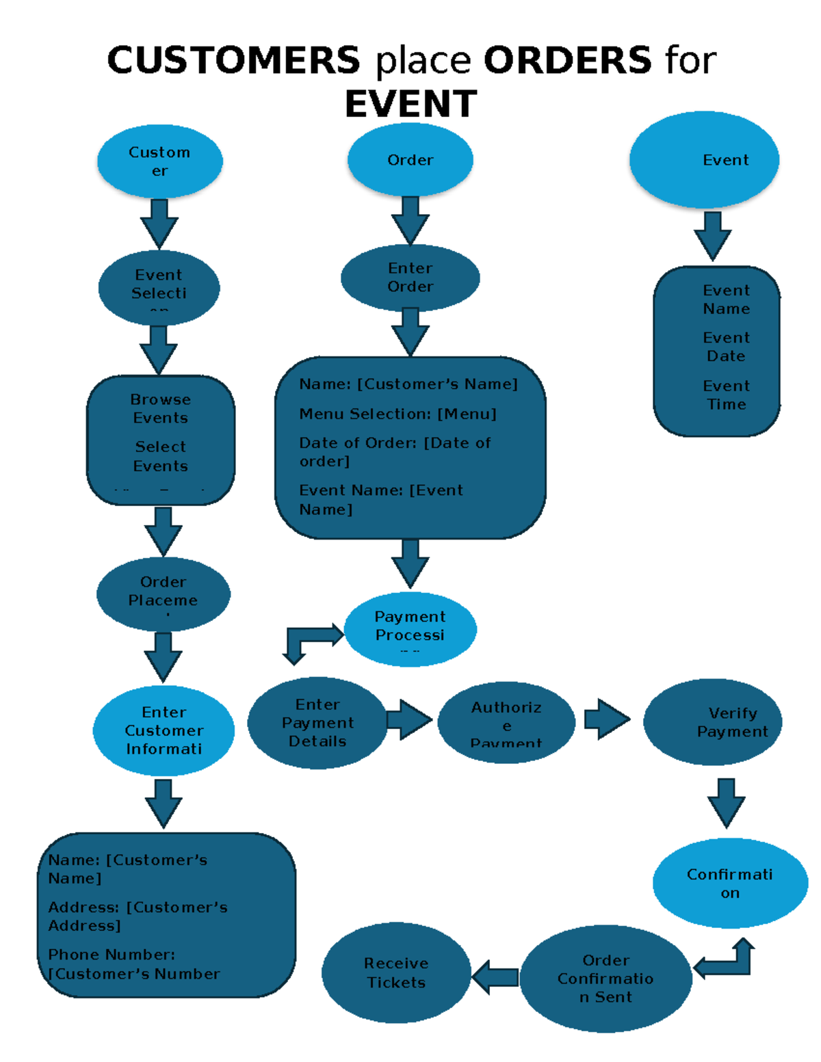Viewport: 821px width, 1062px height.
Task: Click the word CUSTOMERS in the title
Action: [233, 60]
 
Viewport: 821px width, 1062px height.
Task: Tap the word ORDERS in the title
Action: [567, 60]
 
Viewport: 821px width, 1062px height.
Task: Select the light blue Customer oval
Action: [160, 161]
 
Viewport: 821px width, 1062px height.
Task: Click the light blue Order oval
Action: [410, 160]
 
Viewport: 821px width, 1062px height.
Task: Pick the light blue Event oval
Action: [704, 160]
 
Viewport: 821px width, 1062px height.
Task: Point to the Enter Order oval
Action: [410, 278]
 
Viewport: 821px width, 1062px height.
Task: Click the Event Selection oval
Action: [159, 288]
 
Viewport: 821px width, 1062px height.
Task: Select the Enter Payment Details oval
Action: [317, 723]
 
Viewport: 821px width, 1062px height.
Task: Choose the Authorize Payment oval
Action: [506, 723]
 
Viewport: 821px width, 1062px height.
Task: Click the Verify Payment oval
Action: [712, 722]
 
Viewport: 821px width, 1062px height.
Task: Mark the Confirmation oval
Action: [730, 883]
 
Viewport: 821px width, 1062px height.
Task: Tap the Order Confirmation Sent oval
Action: [605, 979]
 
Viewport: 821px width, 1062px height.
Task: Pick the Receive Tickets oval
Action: [396, 973]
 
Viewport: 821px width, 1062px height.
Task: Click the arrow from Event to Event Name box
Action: [712, 235]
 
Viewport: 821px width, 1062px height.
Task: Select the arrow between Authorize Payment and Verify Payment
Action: [607, 719]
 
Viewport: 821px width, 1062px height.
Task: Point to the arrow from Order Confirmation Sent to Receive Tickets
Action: [495, 977]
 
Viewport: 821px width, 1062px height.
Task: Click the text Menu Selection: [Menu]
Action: [398, 414]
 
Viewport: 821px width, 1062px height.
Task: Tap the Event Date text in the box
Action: [726, 347]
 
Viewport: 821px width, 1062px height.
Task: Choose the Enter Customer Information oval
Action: [164, 731]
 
